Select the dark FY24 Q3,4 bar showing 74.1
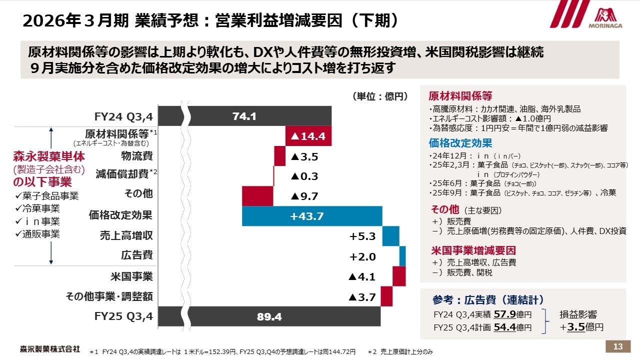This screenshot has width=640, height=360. click(x=244, y=116)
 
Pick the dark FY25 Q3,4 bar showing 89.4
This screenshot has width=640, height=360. click(x=244, y=316)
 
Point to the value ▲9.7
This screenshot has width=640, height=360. click(x=304, y=196)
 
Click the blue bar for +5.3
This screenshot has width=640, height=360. click(x=390, y=236)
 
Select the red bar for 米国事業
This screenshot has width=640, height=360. click(x=398, y=276)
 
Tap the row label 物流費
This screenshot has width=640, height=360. click(x=137, y=156)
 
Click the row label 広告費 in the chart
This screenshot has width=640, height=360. click(x=137, y=255)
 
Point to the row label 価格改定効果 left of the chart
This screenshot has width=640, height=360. click(x=120, y=215)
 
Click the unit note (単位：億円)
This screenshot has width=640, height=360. click(x=380, y=96)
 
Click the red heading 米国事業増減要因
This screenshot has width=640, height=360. click(x=473, y=250)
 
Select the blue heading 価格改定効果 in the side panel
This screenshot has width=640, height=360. click(x=460, y=143)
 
